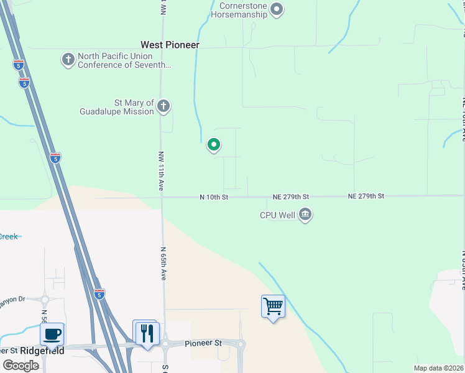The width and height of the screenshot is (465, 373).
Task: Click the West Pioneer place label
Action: click(x=170, y=45)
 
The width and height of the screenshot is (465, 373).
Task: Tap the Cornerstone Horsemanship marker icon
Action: click(x=277, y=9)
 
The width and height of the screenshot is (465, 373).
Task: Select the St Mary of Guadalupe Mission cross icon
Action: click(x=163, y=106)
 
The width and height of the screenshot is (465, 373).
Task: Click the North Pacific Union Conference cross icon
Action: click(x=68, y=60)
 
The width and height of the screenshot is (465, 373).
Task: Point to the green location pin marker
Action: click(x=214, y=145)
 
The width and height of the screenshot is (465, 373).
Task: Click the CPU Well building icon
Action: click(x=305, y=215)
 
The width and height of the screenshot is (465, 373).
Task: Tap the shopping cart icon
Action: click(x=273, y=306)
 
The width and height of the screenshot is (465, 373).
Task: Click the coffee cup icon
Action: click(x=52, y=334)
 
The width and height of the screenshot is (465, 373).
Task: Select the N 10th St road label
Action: click(x=214, y=197)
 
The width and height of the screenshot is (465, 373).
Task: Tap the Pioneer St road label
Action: click(x=203, y=343)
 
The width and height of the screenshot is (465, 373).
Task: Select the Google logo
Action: click(x=21, y=366)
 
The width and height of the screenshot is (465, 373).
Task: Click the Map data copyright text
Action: click(x=439, y=368)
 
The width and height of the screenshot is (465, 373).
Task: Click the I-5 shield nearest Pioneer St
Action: click(x=99, y=293)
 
